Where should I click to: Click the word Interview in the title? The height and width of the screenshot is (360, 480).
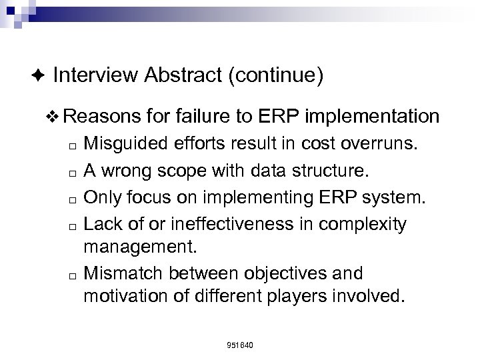pyautogui.click(x=95, y=76)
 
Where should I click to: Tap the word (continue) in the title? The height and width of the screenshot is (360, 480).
pyautogui.click(x=275, y=76)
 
